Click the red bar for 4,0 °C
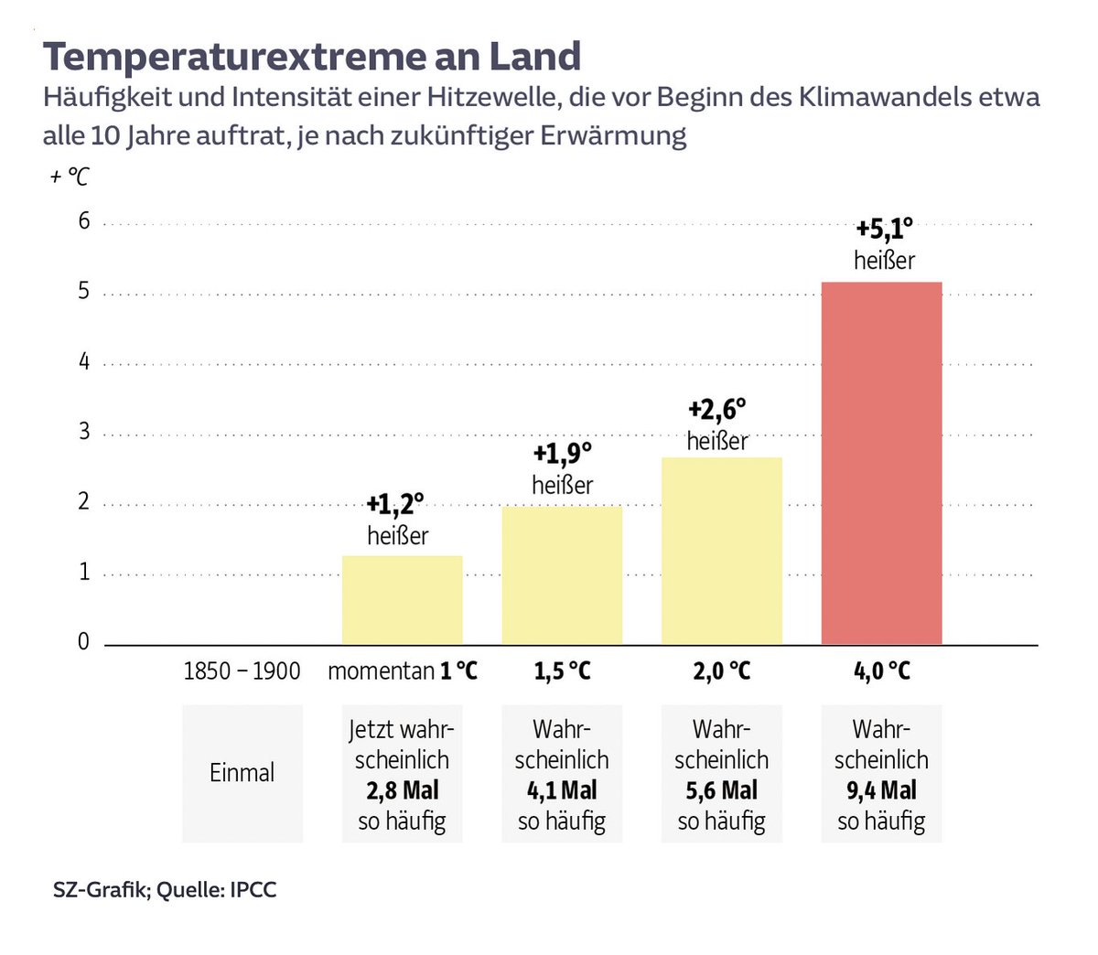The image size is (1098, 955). pyautogui.click(x=881, y=463)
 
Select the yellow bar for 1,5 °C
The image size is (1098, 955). pyautogui.click(x=562, y=575)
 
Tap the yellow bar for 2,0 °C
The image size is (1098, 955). pyautogui.click(x=721, y=551)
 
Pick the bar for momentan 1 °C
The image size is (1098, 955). pyautogui.click(x=402, y=600)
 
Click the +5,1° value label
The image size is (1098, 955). pyautogui.click(x=884, y=228)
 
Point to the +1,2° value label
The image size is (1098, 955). pyautogui.click(x=395, y=503)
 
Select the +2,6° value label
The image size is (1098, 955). pyautogui.click(x=717, y=408)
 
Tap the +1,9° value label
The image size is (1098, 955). pyautogui.click(x=562, y=453)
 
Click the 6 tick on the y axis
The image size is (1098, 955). pyautogui.click(x=84, y=220)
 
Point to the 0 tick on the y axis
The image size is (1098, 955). pyautogui.click(x=84, y=641)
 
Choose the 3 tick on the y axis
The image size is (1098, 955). pyautogui.click(x=84, y=431)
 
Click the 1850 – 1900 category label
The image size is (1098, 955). pyautogui.click(x=242, y=671)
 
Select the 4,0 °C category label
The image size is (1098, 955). pyautogui.click(x=882, y=671)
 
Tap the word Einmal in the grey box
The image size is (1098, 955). pyautogui.click(x=242, y=773)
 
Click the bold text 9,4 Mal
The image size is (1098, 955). pyautogui.click(x=881, y=790)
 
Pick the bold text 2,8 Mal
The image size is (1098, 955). pyautogui.click(x=403, y=790)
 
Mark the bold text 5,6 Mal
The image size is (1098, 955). pyautogui.click(x=722, y=790)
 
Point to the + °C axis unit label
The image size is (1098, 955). pyautogui.click(x=70, y=176)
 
